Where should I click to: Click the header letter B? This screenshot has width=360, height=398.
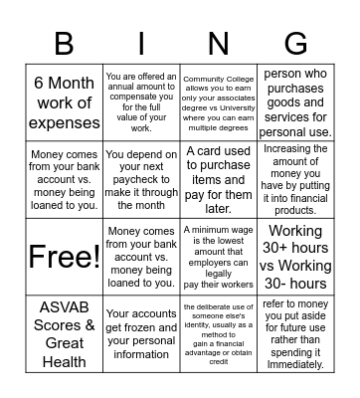point(64,45)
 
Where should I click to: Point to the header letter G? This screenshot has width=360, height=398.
point(295,45)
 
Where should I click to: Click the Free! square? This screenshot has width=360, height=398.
point(64,257)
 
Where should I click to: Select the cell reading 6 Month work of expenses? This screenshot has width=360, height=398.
point(64,103)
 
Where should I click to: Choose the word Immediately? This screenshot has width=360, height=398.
point(296,364)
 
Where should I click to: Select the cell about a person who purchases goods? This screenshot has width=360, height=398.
point(296,103)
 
